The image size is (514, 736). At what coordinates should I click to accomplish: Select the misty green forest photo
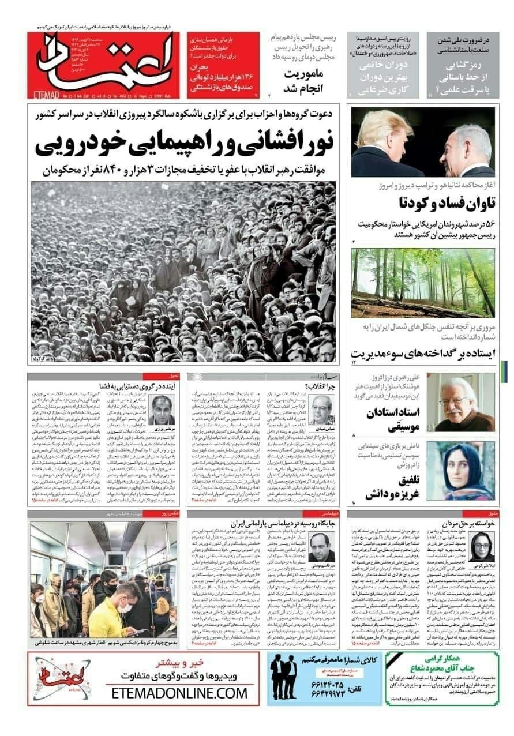pos(423,283)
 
